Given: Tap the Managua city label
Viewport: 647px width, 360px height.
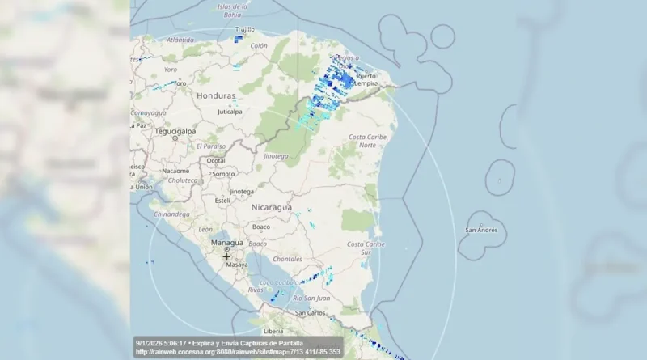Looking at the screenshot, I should coord(226,241).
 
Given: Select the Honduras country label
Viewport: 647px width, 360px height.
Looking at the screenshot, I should coord(216,95).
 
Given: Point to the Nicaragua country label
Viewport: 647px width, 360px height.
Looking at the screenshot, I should coord(271,207).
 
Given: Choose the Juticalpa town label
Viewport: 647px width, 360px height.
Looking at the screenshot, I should coord(230,112).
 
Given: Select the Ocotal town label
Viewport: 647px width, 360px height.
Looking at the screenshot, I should coord(217,160).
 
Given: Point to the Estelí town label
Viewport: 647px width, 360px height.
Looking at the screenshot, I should coord(222,200).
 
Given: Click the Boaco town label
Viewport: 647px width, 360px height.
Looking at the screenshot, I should coord(260,227).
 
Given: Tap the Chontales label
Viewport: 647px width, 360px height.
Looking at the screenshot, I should coord(288,259).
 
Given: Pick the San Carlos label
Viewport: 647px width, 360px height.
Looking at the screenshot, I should coord(310,312).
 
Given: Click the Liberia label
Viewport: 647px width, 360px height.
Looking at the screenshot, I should coord(273,331).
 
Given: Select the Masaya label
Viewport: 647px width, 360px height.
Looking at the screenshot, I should coord(237,265).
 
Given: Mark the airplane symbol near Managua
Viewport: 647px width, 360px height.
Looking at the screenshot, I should coord(226,256).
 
